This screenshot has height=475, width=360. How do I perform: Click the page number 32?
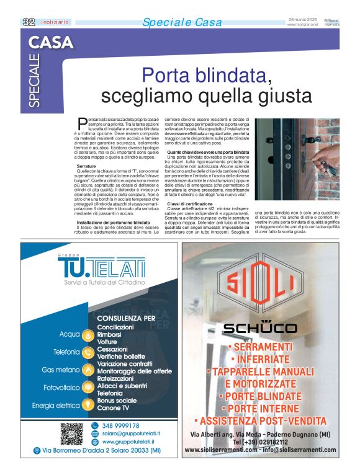click(29, 22)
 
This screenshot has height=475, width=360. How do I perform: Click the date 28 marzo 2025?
click(304, 19)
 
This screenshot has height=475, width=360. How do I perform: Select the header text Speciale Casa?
click(182, 23)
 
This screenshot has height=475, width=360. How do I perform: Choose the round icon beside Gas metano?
click(88, 370)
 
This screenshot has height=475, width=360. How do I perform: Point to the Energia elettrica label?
click(56, 406)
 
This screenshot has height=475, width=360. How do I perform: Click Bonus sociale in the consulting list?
click(117, 400)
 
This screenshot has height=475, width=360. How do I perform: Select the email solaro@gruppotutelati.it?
click(130, 433)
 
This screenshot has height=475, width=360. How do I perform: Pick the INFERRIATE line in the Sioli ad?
click(261, 359)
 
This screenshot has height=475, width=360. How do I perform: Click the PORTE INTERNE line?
click(261, 409)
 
